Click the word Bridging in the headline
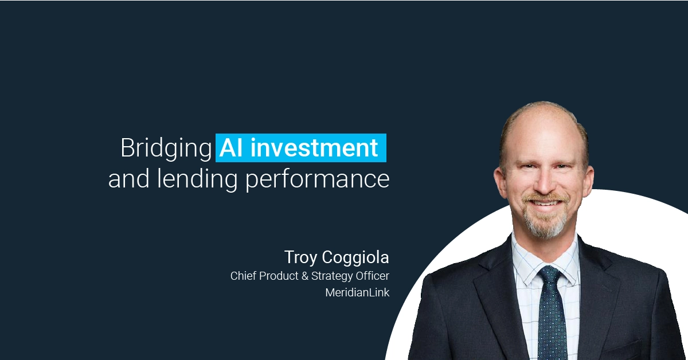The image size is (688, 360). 166,148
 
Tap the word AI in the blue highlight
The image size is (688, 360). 231,148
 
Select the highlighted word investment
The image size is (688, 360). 314,148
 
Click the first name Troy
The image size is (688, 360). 300,258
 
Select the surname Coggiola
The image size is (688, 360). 355,257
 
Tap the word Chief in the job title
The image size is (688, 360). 243,276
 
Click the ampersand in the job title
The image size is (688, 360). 304,276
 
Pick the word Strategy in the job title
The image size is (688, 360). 332,276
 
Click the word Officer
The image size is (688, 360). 372,276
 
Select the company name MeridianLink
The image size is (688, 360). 357,293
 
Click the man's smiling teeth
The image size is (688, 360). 545,204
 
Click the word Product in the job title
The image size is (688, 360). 279,276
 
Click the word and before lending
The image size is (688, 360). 129,179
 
